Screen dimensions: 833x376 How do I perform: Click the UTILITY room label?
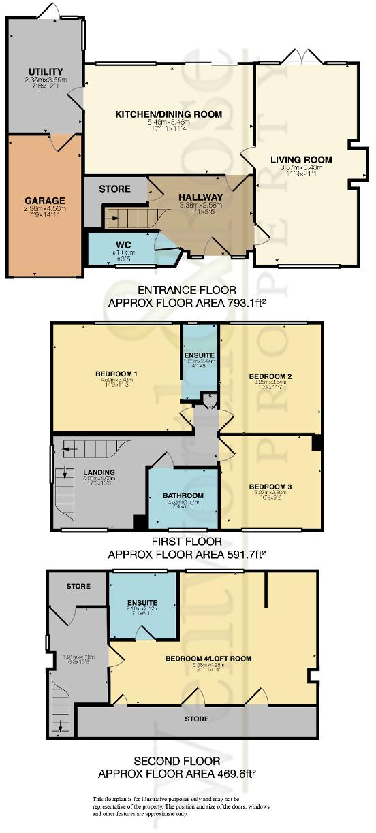click(x=46, y=71)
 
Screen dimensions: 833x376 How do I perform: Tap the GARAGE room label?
click(x=45, y=201)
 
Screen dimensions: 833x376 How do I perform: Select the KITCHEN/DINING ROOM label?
click(x=168, y=114)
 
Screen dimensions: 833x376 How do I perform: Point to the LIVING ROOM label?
click(x=301, y=160)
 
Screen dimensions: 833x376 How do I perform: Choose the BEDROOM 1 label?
click(x=116, y=374)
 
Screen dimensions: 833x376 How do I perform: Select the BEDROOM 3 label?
click(x=270, y=486)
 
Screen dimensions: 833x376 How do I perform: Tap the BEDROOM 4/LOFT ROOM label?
click(x=208, y=659)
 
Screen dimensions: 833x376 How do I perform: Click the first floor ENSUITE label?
click(x=200, y=355)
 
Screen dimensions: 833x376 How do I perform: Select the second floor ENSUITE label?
click(x=142, y=603)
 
